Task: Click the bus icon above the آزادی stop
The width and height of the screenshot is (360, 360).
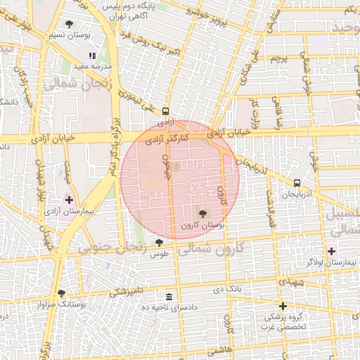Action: pos(165,111)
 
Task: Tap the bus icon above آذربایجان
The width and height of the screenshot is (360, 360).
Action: pos(296,183)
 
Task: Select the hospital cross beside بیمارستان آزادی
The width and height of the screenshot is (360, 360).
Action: pos(69,200)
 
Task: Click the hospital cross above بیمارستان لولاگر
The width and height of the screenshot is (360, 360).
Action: pos(331,251)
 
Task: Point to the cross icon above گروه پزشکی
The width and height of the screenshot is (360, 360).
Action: pos(283,306)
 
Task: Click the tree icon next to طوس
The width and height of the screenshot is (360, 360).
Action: pos(159,243)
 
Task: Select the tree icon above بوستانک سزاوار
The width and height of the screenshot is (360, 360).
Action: pos(61,293)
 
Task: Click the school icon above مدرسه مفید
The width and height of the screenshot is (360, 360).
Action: pos(91,56)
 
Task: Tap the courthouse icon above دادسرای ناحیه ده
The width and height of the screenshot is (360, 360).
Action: pos(169,297)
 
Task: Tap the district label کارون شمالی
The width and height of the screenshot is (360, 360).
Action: pos(209,248)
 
